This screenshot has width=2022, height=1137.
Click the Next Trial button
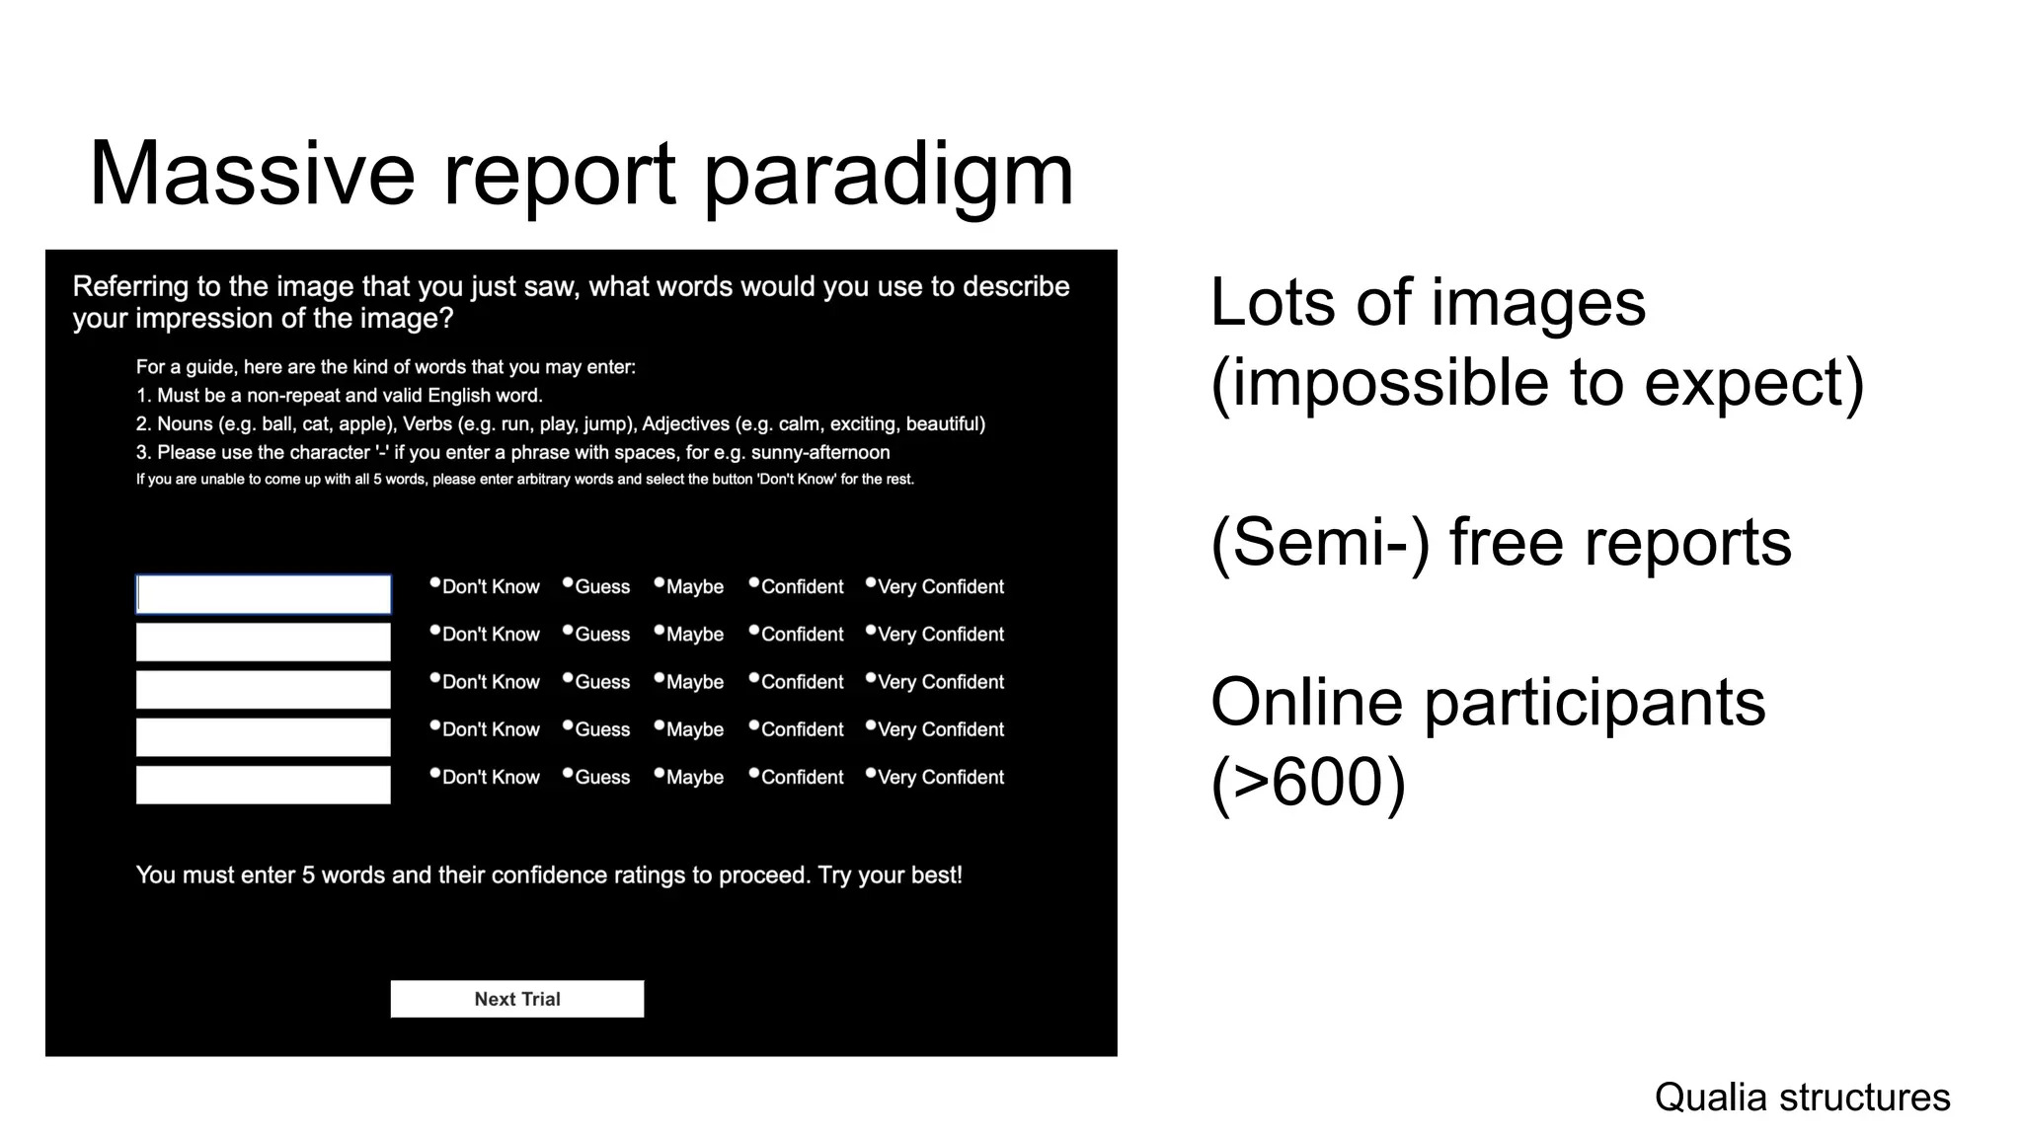tap(516, 998)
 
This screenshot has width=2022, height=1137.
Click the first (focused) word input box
tap(263, 594)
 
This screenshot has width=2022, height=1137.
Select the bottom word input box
tap(263, 785)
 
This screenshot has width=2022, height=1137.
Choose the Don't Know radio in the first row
tap(435, 583)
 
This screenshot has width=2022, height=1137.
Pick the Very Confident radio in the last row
tap(871, 774)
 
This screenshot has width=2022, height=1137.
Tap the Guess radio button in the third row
tap(568, 679)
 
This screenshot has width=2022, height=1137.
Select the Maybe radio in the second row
tap(660, 631)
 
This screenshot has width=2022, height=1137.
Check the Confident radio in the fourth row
tap(754, 726)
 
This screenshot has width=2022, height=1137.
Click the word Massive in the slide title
tap(252, 174)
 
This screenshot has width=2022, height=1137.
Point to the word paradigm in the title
tap(888, 174)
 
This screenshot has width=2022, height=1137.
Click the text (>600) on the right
tap(1308, 782)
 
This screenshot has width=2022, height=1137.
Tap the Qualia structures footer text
tap(1802, 1097)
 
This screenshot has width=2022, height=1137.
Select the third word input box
tap(263, 690)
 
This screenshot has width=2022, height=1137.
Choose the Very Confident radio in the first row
tap(871, 583)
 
